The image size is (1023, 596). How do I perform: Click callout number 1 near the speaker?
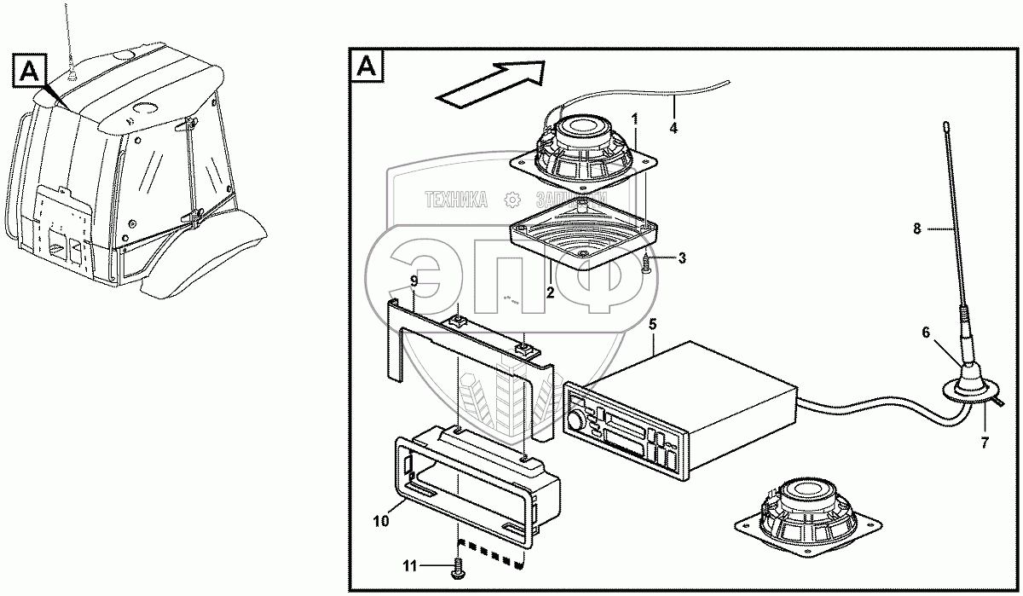[633, 115]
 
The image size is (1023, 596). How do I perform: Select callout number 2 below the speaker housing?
[551, 292]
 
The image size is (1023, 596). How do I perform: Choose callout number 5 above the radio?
[652, 324]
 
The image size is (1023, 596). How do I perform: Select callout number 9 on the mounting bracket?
[413, 281]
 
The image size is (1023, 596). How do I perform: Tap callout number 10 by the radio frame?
[381, 519]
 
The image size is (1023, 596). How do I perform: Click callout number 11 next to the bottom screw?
[408, 564]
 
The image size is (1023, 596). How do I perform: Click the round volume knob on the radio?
[578, 420]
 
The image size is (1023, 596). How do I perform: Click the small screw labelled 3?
[646, 266]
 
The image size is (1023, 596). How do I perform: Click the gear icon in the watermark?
[511, 200]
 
